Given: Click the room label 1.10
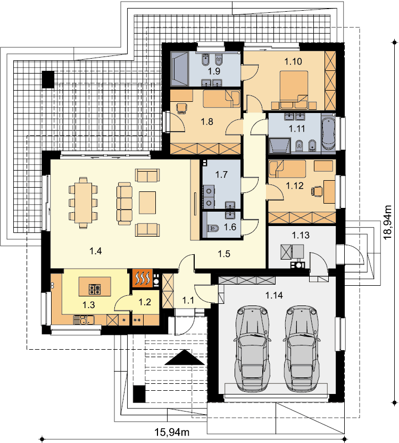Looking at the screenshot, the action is tap(293, 61).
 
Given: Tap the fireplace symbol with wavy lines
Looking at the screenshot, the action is tap(143, 278).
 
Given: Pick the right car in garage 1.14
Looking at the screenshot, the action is tap(302, 348).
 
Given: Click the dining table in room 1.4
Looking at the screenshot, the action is tap(83, 203).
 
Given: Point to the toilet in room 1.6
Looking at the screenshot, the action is tap(213, 228).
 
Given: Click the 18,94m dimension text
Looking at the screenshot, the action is tap(388, 222).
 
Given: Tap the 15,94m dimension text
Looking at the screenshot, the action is tap(172, 432).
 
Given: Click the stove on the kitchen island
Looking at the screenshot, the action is tap(95, 289).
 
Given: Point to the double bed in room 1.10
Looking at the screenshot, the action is tap(294, 90).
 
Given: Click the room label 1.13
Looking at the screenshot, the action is tap(300, 235).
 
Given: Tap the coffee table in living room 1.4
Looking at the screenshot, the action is tap(147, 203).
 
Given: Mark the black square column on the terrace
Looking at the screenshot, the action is tap(48, 79).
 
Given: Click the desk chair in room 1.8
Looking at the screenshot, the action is tap(181, 108).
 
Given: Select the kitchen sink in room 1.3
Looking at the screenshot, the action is tap(84, 320).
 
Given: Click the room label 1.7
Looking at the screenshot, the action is tap(221, 175).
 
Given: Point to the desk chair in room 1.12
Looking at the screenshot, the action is tap(317, 191).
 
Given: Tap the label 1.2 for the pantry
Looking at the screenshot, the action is tap(145, 302).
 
